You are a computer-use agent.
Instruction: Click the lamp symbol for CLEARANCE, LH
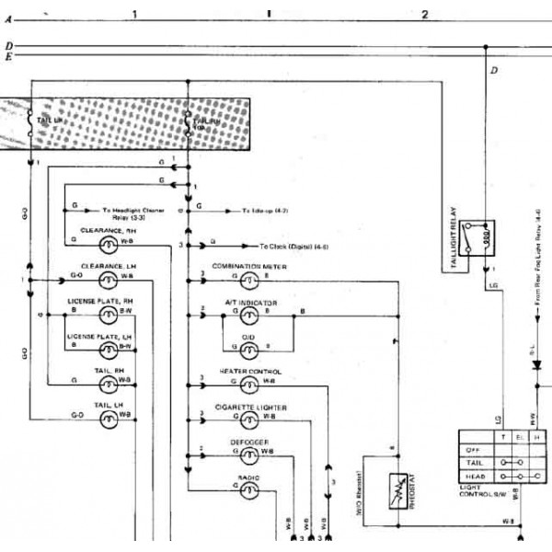tap(109, 276)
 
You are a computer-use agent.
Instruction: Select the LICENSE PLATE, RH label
tap(101, 301)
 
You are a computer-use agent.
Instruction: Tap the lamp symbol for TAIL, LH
tap(109, 418)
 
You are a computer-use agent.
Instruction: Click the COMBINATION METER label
tap(249, 266)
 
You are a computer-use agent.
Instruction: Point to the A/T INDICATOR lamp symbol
tap(248, 314)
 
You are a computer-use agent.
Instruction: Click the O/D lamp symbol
tap(248, 348)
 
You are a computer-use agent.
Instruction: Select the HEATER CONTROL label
tap(250, 371)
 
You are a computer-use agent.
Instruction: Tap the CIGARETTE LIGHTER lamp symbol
tap(248, 418)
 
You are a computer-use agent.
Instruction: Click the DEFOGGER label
tap(249, 442)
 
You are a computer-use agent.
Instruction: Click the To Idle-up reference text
tap(267, 211)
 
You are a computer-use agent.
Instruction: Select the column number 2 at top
tap(424, 15)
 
